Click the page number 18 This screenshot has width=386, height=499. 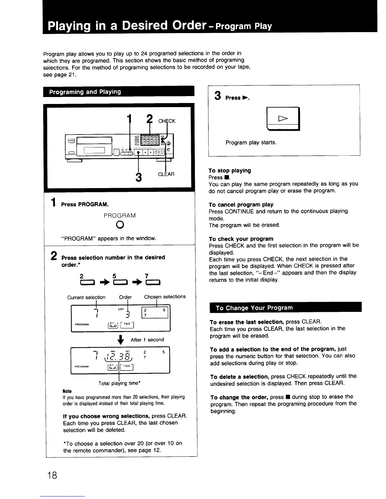click(53, 475)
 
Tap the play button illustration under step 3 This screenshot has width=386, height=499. click(283, 119)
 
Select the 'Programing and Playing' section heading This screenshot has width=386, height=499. click(85, 92)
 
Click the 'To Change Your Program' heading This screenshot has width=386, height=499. click(254, 308)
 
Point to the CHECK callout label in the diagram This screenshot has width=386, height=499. click(167, 121)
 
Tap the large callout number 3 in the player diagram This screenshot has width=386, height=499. click(138, 177)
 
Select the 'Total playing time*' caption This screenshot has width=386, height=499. click(119, 383)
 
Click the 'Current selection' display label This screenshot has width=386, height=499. click(86, 297)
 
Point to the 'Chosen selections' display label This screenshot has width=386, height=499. click(165, 297)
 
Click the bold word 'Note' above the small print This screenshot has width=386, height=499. click(67, 391)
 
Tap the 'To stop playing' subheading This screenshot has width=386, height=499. click(230, 170)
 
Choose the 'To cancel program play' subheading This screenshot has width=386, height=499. click(241, 204)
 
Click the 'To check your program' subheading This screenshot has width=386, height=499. click(241, 239)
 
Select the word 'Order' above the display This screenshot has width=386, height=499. click(125, 297)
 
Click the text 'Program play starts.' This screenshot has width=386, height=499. click(251, 142)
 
